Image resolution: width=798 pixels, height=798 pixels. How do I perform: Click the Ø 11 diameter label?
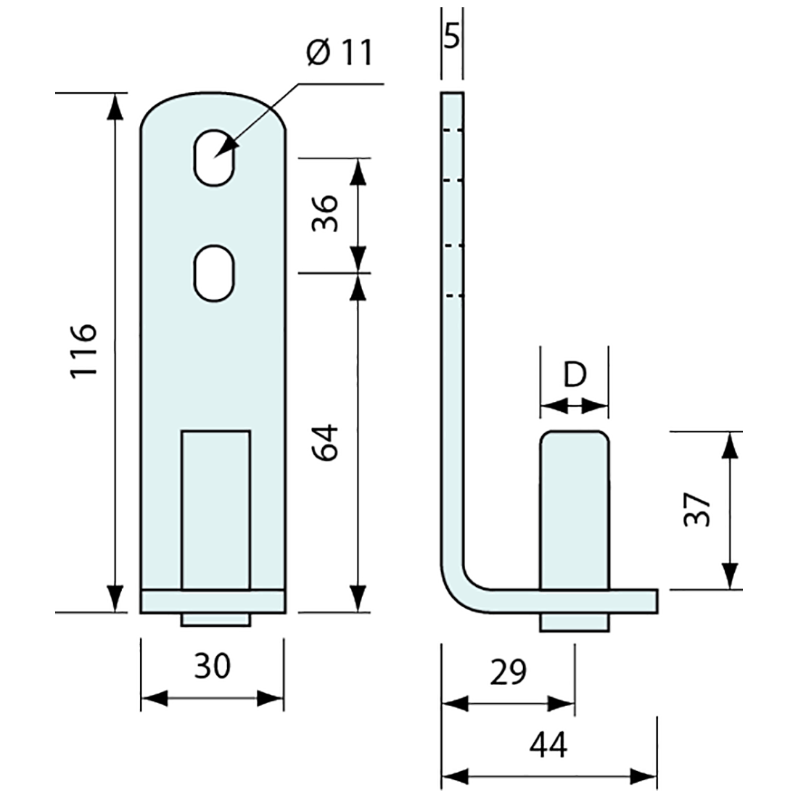click(339, 53)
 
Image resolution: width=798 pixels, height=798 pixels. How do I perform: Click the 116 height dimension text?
click(83, 350)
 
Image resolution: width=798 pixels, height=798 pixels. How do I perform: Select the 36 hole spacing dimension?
click(324, 213)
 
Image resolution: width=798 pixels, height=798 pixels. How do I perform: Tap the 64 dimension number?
click(324, 442)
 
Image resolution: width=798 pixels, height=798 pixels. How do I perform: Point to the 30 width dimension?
click(212, 666)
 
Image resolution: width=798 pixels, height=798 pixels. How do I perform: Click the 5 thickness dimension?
click(451, 36)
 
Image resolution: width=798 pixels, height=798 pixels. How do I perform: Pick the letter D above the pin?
click(574, 375)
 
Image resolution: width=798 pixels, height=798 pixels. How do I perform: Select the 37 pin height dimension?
click(696, 510)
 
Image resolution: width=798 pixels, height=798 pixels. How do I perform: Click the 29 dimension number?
click(507, 672)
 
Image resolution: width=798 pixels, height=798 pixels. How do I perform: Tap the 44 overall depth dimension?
click(548, 745)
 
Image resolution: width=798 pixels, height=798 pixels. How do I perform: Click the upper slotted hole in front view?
click(213, 158)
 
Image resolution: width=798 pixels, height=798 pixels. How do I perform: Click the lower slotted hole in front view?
click(213, 273)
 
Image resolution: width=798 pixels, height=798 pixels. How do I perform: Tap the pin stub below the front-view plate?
click(215, 620)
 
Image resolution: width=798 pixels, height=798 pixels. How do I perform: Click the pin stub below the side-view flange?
click(574, 622)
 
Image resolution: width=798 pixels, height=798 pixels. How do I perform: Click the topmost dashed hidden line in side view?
click(452, 131)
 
